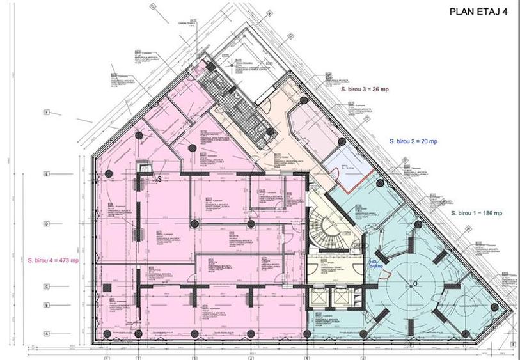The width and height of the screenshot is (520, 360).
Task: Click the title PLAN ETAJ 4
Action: pyautogui.click(x=477, y=11)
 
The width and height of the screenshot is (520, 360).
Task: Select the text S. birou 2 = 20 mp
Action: pyautogui.click(x=413, y=140)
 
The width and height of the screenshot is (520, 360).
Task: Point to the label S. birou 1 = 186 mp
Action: pyautogui.click(x=477, y=213)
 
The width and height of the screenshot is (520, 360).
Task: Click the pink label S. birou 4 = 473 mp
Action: pyautogui.click(x=53, y=260)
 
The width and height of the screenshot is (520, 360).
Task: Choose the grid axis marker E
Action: pyautogui.click(x=47, y=173)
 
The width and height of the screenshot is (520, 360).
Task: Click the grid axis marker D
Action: pyautogui.click(x=47, y=223)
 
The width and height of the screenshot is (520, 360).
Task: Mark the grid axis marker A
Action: pyautogui.click(x=47, y=333)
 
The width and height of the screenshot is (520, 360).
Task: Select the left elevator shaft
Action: pyautogui.click(x=317, y=297)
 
